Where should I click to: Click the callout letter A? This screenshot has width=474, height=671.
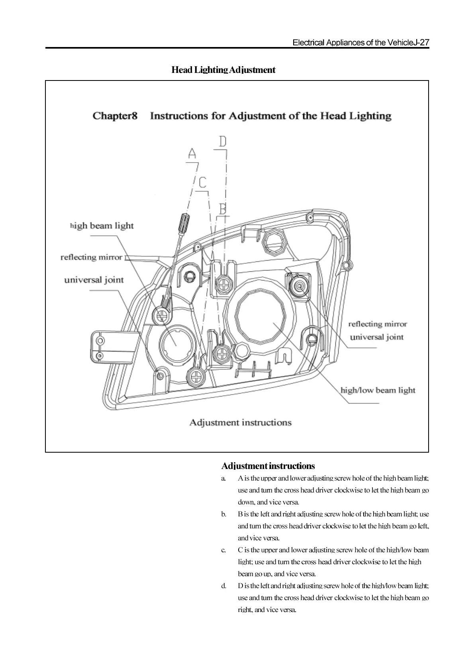(192, 153)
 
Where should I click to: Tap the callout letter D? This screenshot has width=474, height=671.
(222, 141)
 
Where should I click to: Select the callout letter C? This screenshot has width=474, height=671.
(203, 182)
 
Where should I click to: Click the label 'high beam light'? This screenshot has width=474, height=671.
(102, 226)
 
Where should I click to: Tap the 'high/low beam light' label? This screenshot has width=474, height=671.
(378, 390)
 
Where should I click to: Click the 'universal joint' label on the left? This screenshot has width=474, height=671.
(94, 280)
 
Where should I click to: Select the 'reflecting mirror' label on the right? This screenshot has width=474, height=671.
(377, 324)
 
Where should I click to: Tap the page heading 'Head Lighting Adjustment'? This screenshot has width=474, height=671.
(223, 70)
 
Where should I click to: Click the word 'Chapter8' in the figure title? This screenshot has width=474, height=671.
(115, 116)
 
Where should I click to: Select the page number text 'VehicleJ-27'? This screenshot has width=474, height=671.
(408, 43)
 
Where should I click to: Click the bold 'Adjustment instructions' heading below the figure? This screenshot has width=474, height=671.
(268, 466)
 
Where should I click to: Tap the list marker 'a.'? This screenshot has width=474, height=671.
(224, 478)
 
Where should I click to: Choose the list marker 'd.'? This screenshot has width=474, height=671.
(224, 586)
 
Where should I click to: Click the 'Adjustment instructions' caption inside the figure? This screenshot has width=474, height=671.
(240, 422)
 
